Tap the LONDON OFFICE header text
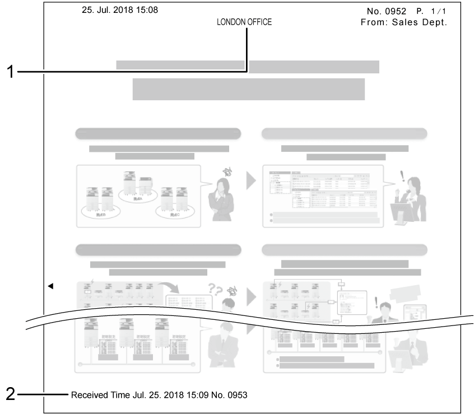click(x=244, y=22)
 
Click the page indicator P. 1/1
click(x=431, y=11)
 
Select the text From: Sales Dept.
click(x=403, y=23)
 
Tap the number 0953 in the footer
click(x=235, y=395)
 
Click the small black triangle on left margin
click(x=50, y=286)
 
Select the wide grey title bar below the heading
click(x=248, y=89)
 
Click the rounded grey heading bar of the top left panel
click(x=158, y=134)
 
